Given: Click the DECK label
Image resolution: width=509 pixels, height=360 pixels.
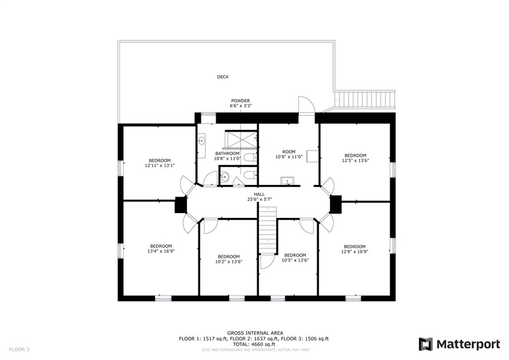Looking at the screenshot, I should click(223, 77).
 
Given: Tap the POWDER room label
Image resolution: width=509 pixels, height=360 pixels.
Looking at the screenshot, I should click(240, 100).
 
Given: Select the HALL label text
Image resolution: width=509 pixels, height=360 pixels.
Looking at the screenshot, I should click(259, 194).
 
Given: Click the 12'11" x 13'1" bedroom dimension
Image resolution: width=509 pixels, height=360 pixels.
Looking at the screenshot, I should click(159, 165).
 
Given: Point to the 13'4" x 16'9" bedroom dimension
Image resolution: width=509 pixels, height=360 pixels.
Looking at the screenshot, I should click(161, 250).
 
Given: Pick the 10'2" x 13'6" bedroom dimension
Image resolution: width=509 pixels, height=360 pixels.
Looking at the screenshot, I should click(228, 260).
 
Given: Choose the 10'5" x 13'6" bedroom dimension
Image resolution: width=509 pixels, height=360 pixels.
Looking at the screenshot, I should click(295, 260).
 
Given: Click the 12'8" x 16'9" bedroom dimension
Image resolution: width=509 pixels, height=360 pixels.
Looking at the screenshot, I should click(355, 251).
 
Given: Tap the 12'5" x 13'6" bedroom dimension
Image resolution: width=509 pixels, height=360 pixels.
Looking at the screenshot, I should click(355, 160).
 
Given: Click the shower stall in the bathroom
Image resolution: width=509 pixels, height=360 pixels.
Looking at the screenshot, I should click(238, 139).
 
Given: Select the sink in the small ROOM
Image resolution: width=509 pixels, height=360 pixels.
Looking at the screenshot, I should click(286, 181).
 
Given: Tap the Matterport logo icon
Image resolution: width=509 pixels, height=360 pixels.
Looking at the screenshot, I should click(426, 344).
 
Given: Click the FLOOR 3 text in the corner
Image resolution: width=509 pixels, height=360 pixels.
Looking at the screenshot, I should click(19, 349).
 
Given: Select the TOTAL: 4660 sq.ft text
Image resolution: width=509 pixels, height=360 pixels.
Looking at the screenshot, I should click(254, 343).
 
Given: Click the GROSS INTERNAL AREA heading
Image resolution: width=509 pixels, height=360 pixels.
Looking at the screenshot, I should click(255, 333).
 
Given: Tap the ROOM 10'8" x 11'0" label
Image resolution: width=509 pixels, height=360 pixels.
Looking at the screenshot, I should click(288, 154).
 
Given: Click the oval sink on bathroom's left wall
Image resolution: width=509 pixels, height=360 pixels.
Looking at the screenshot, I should click(202, 141).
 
